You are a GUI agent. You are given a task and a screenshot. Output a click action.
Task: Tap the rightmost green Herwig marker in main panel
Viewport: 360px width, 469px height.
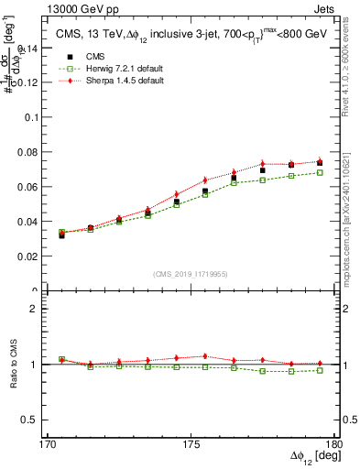point(320,172)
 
